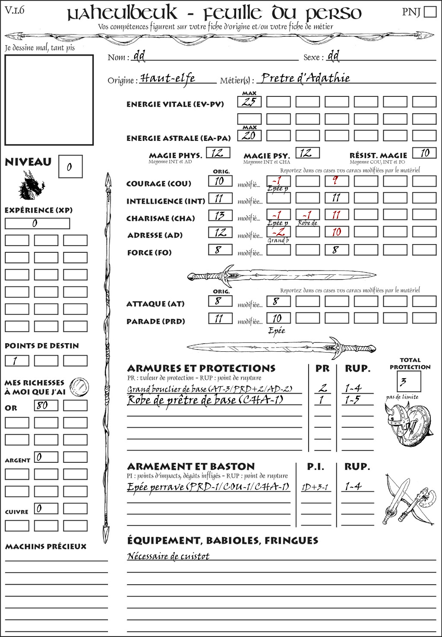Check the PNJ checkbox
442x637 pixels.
click(430, 12)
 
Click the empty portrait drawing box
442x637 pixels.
click(49, 100)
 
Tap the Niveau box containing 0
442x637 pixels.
click(70, 167)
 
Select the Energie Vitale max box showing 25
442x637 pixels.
click(249, 102)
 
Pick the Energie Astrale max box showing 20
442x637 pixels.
click(249, 136)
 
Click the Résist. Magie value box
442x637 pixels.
click(424, 153)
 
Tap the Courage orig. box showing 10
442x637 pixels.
click(220, 181)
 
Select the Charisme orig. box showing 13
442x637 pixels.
click(220, 215)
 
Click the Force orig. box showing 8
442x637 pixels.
click(220, 250)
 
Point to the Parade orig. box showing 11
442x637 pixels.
click(220, 318)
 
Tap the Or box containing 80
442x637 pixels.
click(46, 405)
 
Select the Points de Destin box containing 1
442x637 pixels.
click(17, 360)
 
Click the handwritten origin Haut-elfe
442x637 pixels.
click(168, 79)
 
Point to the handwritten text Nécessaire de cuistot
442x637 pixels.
click(168, 556)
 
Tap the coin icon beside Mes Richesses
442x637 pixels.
click(79, 387)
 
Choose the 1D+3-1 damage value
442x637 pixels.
click(315, 487)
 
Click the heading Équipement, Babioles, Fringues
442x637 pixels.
click(223, 541)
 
